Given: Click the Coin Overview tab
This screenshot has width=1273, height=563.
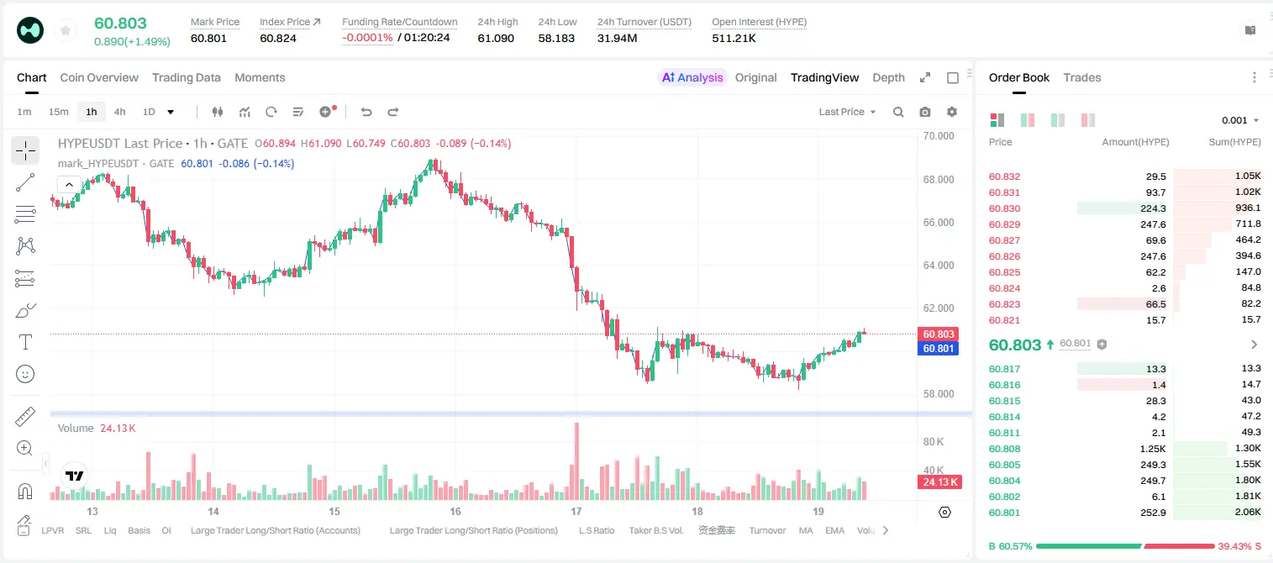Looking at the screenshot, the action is coord(99,77).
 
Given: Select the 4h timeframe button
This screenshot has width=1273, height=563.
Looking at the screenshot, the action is coord(119,112).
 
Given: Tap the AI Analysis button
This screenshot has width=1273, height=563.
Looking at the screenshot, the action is coord(692,77).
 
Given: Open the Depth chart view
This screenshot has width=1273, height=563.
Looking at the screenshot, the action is coord(888,77).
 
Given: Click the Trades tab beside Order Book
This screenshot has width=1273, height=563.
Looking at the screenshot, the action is coord(1082,77).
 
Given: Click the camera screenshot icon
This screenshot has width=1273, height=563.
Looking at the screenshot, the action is coord(925,112).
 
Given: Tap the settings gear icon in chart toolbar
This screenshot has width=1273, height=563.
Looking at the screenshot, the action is coord(952,112).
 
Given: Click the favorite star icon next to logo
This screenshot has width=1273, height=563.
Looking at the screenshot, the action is coord(66,30).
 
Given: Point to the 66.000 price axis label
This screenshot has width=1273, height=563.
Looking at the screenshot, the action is coord(939,222).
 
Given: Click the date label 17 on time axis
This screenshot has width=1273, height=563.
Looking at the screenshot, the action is coord(576,511).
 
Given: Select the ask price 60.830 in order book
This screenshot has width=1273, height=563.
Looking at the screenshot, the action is coord(1004,208).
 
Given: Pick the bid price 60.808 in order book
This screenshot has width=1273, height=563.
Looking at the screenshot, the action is coord(1004,449).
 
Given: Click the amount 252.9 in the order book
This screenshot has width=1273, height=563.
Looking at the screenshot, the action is coord(1153,513).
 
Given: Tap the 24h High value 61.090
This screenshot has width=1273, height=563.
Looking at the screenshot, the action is coord(496,38).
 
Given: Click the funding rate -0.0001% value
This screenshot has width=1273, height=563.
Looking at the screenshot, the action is coord(367,38).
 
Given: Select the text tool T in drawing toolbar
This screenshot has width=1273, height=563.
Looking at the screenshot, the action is coord(25,342).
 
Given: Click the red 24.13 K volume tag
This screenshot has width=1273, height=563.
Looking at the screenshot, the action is coord(939,482).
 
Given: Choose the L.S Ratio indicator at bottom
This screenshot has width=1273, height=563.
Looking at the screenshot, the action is coord(596,530).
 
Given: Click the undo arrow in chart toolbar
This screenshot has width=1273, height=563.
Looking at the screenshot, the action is coord(366,112).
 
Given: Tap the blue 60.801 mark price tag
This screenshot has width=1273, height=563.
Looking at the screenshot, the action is coord(939,348).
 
